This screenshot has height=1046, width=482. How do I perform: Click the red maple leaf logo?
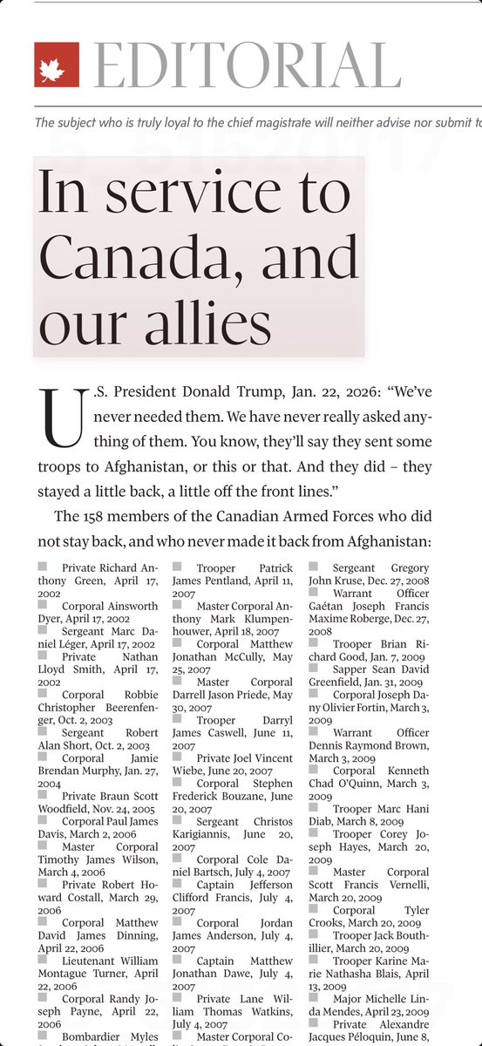click(x=57, y=65)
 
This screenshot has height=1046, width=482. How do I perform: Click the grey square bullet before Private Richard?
click(x=42, y=567)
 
